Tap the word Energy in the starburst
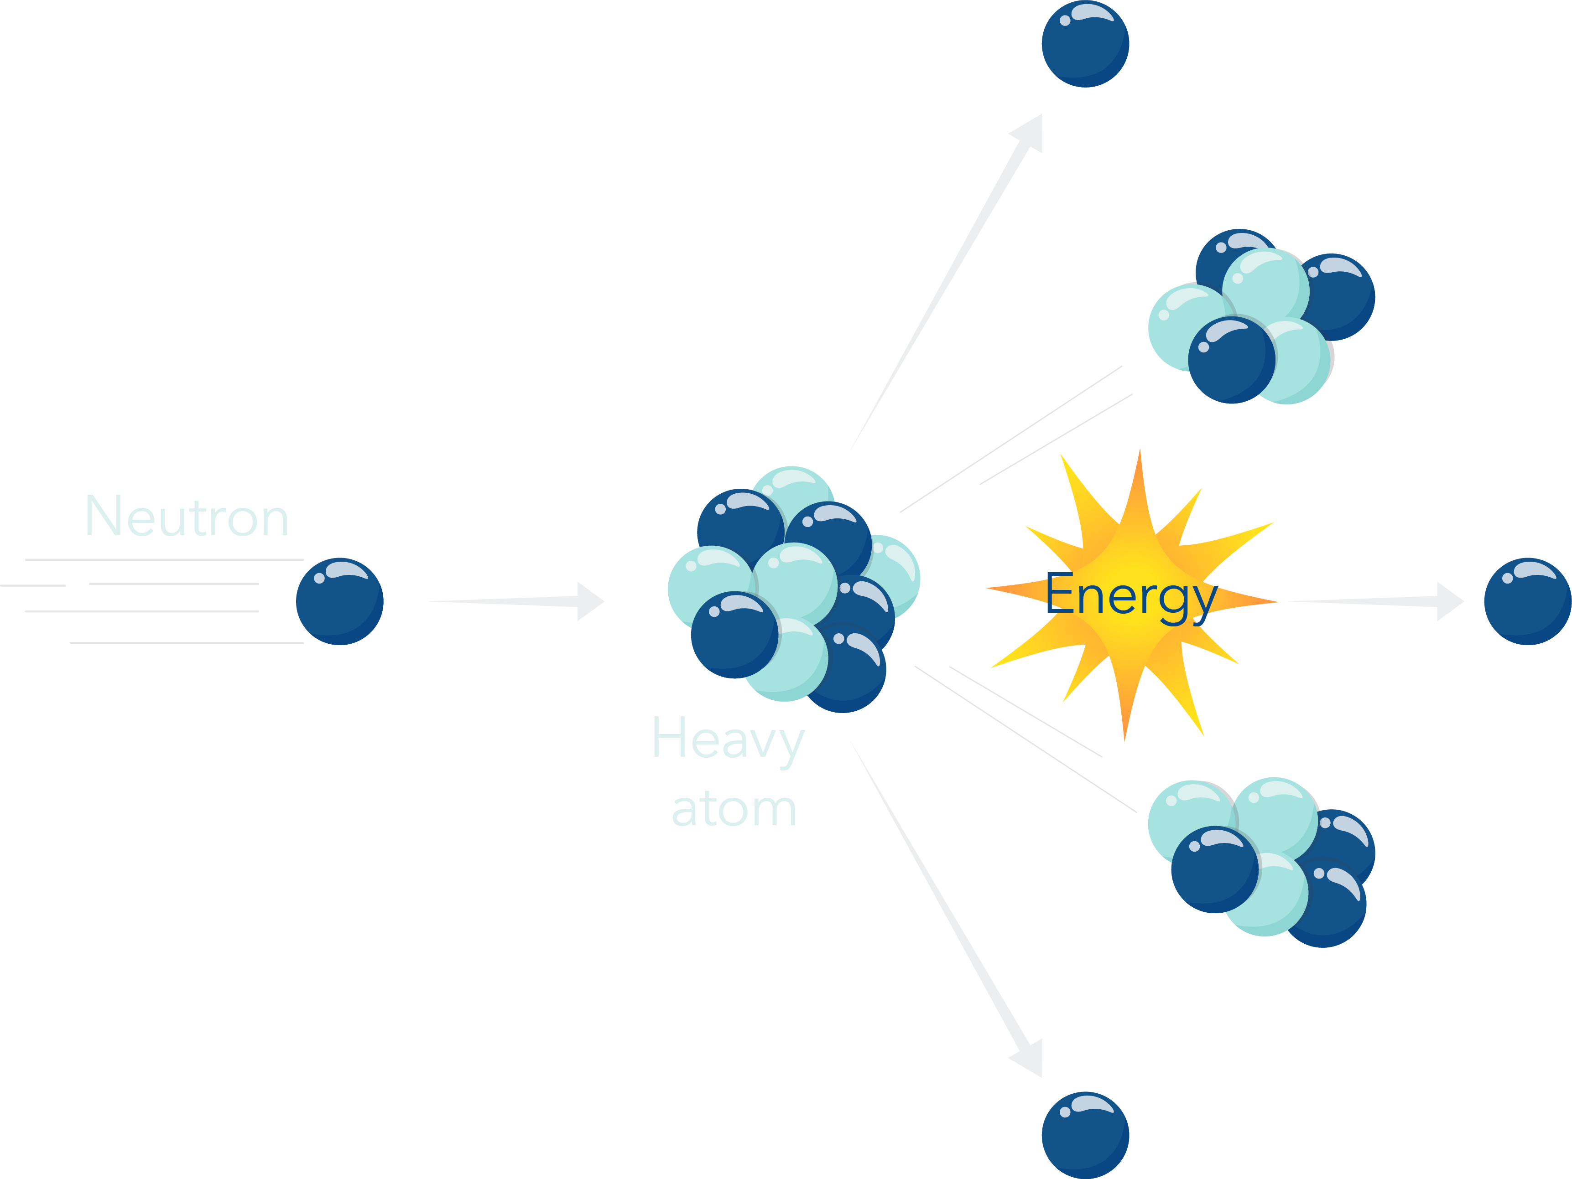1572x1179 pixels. [1131, 595]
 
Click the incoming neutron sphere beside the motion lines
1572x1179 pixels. [340, 601]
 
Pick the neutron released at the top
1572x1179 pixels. [1085, 44]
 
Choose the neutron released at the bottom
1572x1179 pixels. [1085, 1135]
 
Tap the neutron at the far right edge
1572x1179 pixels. [1527, 601]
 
